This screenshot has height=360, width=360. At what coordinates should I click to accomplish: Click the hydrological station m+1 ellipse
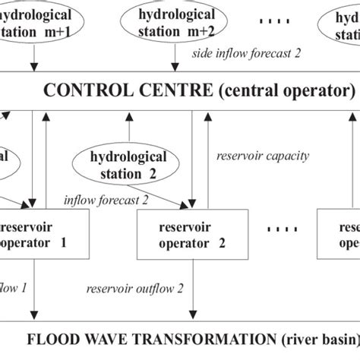point(34,21)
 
